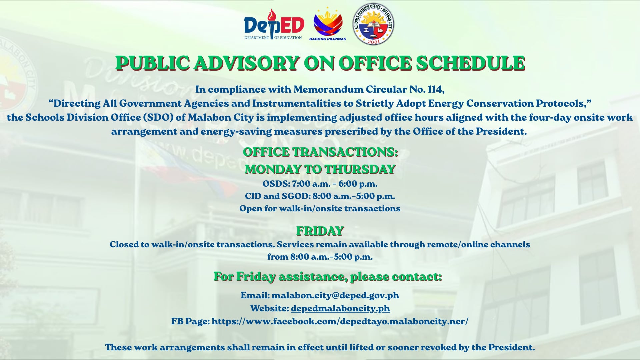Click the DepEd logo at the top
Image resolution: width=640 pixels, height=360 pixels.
coord(274,24)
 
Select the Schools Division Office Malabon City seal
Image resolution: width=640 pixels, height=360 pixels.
coord(373,24)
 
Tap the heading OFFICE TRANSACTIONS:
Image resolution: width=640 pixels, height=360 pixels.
coord(320,152)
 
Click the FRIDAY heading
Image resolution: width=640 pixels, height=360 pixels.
coord(320,231)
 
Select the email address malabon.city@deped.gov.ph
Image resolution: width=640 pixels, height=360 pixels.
coord(335,295)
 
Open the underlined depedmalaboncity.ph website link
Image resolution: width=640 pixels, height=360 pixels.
coord(340,308)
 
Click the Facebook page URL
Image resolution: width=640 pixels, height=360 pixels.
coord(340,321)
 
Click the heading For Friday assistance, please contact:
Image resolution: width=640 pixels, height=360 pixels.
coord(328,276)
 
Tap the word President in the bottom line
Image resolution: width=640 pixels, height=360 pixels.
coord(512,347)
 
